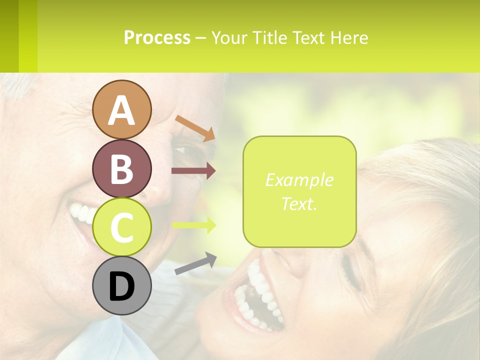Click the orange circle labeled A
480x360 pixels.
(x=121, y=109)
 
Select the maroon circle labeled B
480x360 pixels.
(x=121, y=168)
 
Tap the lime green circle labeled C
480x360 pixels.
(x=121, y=227)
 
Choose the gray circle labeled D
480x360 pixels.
(x=121, y=285)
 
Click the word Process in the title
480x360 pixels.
(x=157, y=37)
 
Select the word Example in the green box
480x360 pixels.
(x=299, y=180)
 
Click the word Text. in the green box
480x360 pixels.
(x=299, y=203)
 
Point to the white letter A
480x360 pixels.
(x=121, y=110)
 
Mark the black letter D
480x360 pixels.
(x=121, y=286)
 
